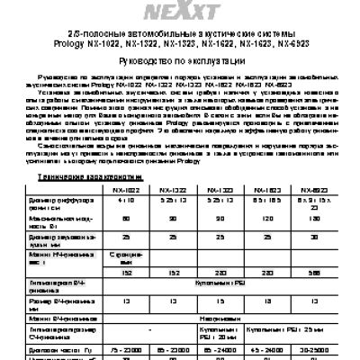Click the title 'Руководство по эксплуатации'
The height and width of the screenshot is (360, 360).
(179, 63)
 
